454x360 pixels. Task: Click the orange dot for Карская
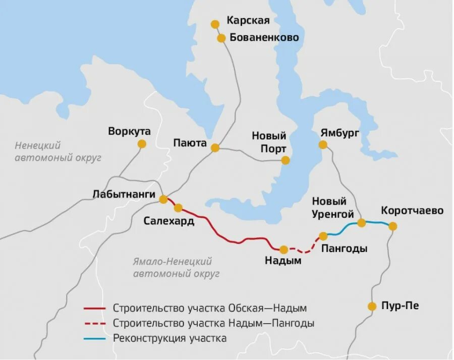(x=215, y=24)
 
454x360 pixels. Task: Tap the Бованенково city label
(x=264, y=38)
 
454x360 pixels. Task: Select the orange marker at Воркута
(x=142, y=144)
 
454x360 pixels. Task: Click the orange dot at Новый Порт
(x=286, y=160)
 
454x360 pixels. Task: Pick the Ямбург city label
(x=339, y=133)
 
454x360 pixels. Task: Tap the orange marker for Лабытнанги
(x=163, y=199)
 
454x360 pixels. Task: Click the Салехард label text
(x=169, y=221)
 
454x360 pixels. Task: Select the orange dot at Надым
(x=283, y=249)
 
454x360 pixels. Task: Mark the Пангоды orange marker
(x=323, y=236)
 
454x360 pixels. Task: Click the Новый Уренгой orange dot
(x=361, y=223)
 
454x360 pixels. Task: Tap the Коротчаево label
(x=412, y=210)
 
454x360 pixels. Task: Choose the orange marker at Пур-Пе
(x=372, y=306)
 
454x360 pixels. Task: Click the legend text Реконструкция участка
(x=170, y=338)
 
